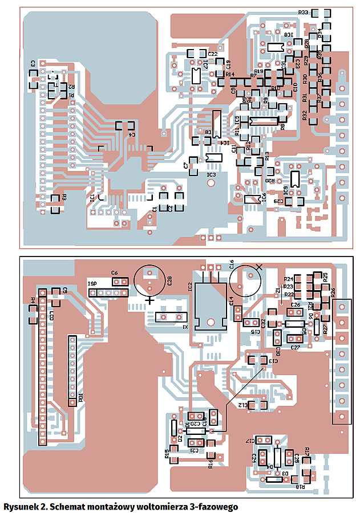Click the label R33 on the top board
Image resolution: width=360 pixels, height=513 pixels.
(303, 13)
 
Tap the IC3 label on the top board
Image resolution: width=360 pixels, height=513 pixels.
(211, 174)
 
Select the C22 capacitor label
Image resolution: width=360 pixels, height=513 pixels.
(212, 54)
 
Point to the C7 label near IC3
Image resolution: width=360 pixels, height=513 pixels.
(186, 166)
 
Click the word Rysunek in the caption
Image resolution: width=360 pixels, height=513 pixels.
(21, 506)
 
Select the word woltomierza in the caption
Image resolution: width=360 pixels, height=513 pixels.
(176, 506)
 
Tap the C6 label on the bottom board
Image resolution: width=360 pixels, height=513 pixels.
(115, 273)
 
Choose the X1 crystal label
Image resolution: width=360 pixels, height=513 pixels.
(185, 327)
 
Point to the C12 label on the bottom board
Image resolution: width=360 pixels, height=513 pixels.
(242, 405)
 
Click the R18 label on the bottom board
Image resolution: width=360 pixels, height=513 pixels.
(300, 486)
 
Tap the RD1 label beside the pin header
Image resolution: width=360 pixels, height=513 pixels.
(82, 397)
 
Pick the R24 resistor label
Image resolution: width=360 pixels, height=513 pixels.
(288, 279)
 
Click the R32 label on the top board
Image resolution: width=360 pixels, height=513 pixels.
(305, 115)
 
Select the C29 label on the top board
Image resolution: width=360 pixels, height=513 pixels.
(278, 201)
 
